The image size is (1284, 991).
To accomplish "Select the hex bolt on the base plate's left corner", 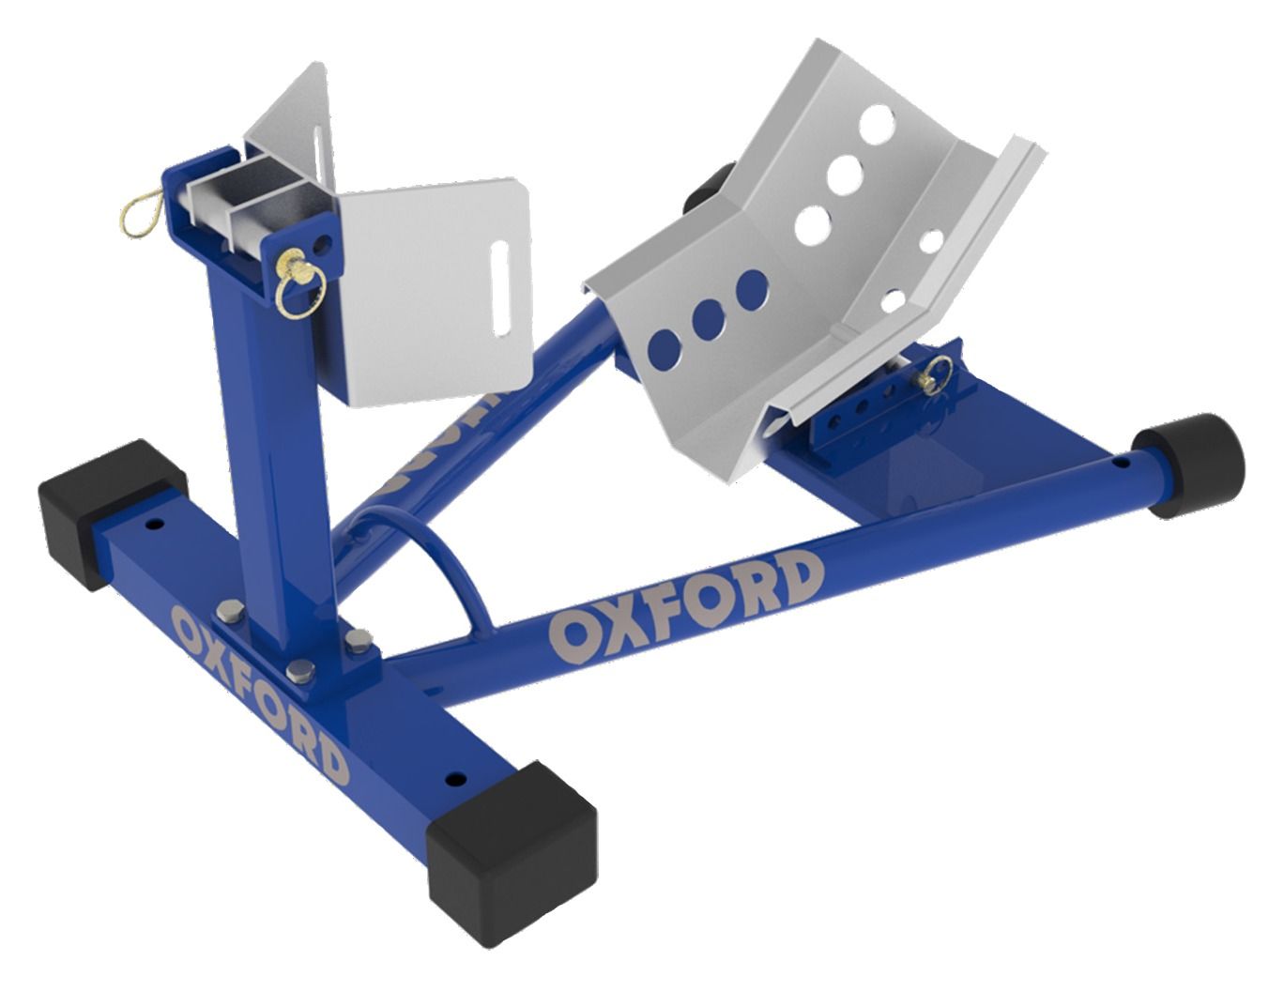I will click(227, 614).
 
